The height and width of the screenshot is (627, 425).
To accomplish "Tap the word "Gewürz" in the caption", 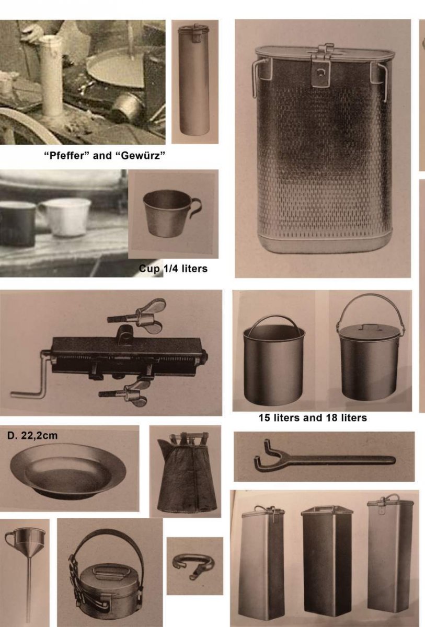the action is point(141,155).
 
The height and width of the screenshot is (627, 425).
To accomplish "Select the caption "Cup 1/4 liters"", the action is point(174,269).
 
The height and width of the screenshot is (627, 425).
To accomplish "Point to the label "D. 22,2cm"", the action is point(32,436).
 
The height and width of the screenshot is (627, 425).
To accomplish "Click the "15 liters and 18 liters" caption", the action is point(313,418).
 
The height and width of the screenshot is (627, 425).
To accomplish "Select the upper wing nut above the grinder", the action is point(136,316).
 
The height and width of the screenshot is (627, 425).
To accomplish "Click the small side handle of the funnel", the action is point(9,538).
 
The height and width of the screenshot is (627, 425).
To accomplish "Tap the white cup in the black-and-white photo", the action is point(65,217).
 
